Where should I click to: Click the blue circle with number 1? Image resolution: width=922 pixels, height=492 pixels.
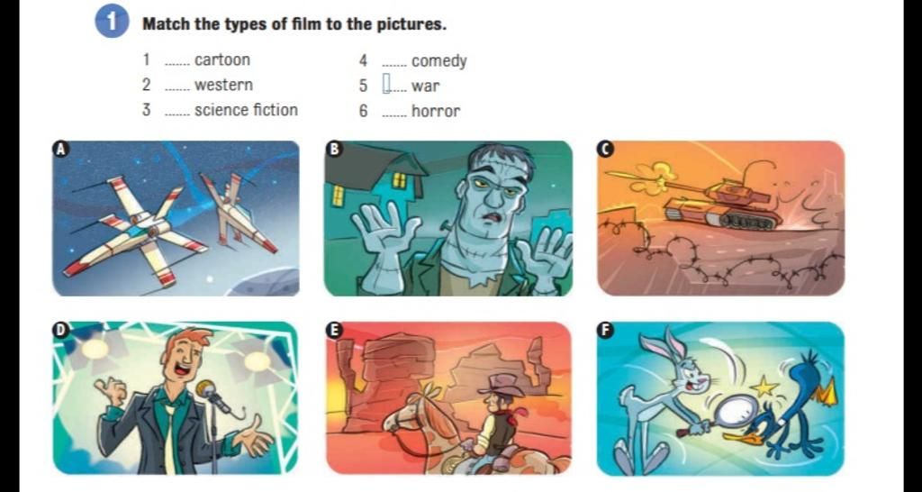click(x=111, y=22)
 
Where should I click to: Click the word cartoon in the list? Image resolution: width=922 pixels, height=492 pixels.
click(x=222, y=60)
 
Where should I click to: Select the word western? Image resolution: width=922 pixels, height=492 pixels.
click(x=223, y=86)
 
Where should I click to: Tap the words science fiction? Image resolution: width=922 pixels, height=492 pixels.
click(x=246, y=110)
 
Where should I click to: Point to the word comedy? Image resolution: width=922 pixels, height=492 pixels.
click(x=439, y=61)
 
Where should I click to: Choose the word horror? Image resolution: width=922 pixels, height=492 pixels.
click(x=436, y=111)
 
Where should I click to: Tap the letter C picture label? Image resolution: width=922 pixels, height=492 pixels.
click(x=604, y=150)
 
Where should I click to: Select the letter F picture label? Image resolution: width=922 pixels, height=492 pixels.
click(x=604, y=330)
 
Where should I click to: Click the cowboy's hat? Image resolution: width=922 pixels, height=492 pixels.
click(x=501, y=384)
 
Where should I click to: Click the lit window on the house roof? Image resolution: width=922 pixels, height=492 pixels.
click(x=399, y=180)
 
